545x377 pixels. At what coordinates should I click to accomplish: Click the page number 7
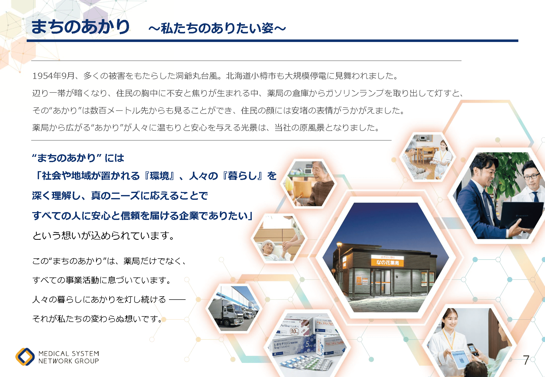pyautogui.click(x=526, y=360)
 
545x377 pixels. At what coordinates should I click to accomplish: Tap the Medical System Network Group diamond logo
pyautogui.click(x=25, y=357)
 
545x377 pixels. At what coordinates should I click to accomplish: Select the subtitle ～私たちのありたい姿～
pyautogui.click(x=217, y=28)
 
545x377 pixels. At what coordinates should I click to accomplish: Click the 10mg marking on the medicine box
pyautogui.click(x=295, y=331)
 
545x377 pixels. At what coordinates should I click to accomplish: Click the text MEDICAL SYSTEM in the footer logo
pyautogui.click(x=69, y=354)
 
